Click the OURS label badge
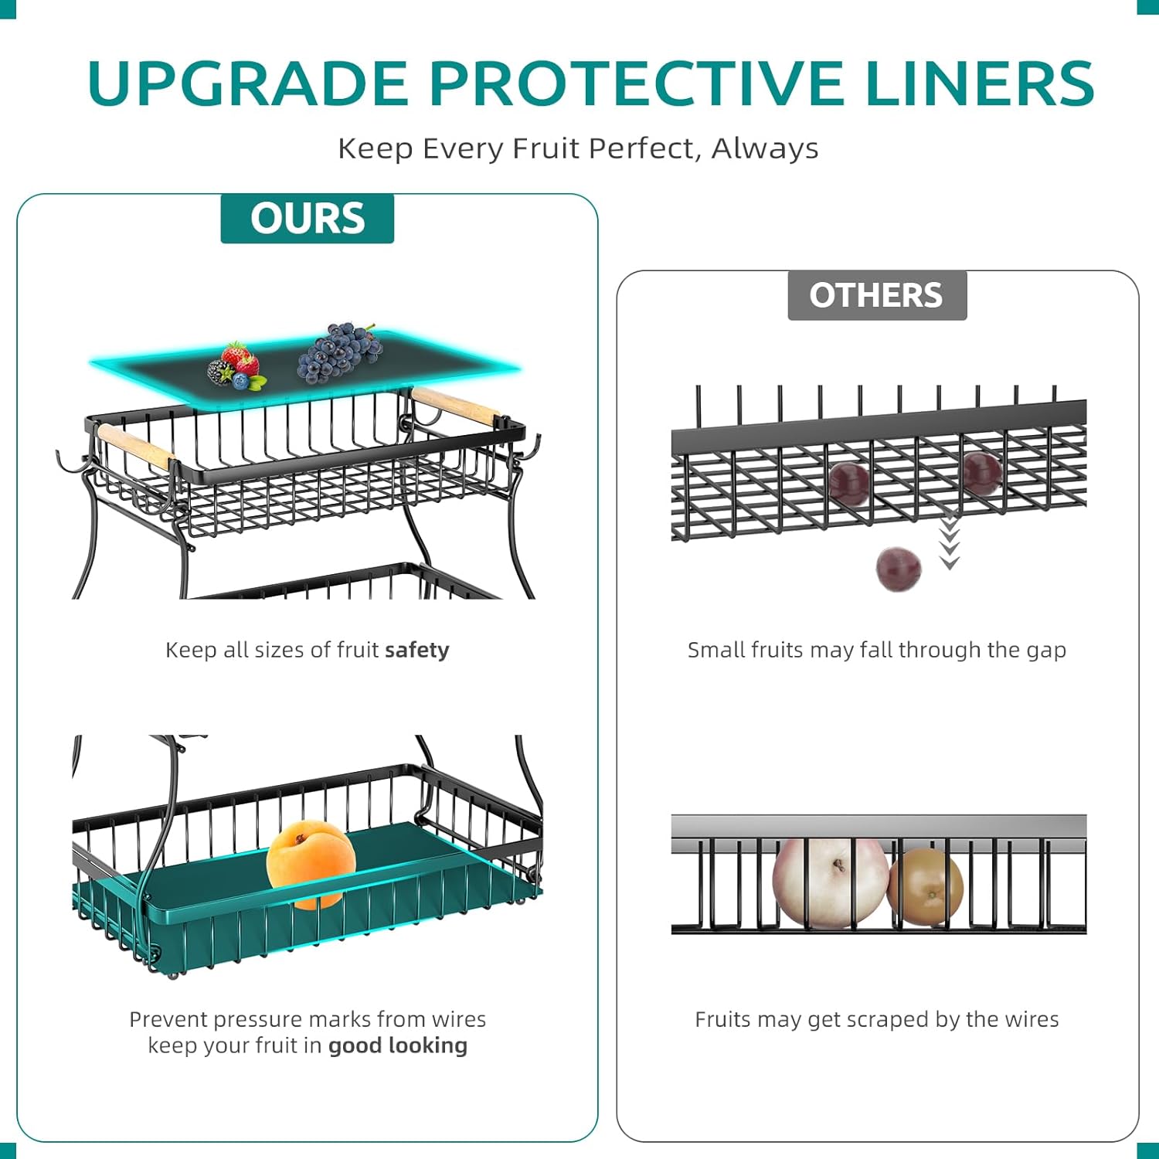(x=307, y=219)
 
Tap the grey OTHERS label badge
(x=876, y=295)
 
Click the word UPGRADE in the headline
(x=247, y=83)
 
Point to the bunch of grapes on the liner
(x=340, y=353)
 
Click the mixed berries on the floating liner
(x=235, y=365)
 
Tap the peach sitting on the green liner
(x=311, y=863)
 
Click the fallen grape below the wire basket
(x=898, y=569)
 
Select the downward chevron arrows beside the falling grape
(x=950, y=542)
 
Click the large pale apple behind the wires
(x=830, y=881)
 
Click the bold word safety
(x=417, y=651)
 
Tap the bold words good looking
(x=397, y=1045)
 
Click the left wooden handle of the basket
(x=135, y=445)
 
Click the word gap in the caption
(x=1046, y=651)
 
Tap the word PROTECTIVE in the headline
(x=637, y=83)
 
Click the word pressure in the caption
(x=256, y=1020)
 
